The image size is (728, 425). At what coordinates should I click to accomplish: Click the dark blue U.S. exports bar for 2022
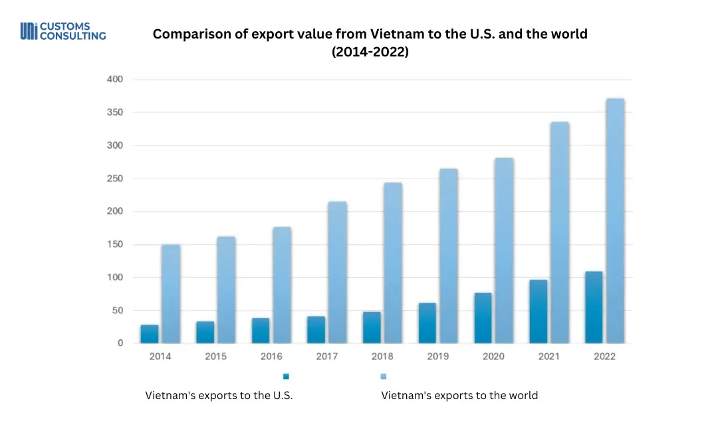[x=594, y=307]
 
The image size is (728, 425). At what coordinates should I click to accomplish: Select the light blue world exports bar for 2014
[x=171, y=294]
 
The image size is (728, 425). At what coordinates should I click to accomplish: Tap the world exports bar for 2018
[x=393, y=263]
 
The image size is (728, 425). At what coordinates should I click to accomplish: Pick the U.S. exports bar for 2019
[x=427, y=323]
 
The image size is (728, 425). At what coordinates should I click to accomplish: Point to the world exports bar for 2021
[x=559, y=232]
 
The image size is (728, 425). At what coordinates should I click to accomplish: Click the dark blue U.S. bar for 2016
[x=261, y=331]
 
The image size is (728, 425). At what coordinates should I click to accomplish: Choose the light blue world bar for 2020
[x=504, y=250]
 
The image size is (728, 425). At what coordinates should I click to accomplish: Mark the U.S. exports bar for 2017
[x=316, y=330]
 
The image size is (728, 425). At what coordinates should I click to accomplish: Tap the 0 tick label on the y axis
[x=120, y=343]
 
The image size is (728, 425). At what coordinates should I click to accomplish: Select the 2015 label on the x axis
[x=215, y=357]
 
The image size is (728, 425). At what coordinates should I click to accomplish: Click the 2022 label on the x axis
[x=604, y=357]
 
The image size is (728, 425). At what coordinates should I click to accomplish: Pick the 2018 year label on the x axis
[x=382, y=357]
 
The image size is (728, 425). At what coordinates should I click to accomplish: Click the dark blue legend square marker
[x=286, y=377]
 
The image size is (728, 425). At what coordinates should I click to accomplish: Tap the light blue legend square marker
[x=383, y=377]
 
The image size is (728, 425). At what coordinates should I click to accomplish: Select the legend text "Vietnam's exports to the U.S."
[x=219, y=396]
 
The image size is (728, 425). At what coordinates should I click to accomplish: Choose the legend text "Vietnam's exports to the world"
[x=459, y=396]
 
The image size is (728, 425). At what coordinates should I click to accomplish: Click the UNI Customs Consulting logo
[x=63, y=31]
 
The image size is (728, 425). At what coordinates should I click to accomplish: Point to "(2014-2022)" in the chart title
[x=370, y=51]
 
